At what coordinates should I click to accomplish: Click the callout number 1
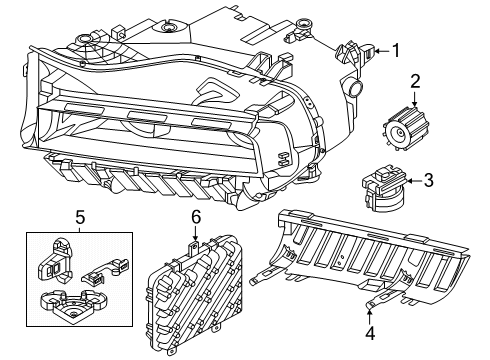pos(395,48)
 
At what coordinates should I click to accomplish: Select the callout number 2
pos(415,84)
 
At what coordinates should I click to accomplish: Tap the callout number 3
pos(427,181)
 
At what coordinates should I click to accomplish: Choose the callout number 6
pos(196,215)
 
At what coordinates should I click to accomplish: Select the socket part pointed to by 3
pos(376,186)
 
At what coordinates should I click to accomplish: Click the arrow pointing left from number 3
pos(409,181)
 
